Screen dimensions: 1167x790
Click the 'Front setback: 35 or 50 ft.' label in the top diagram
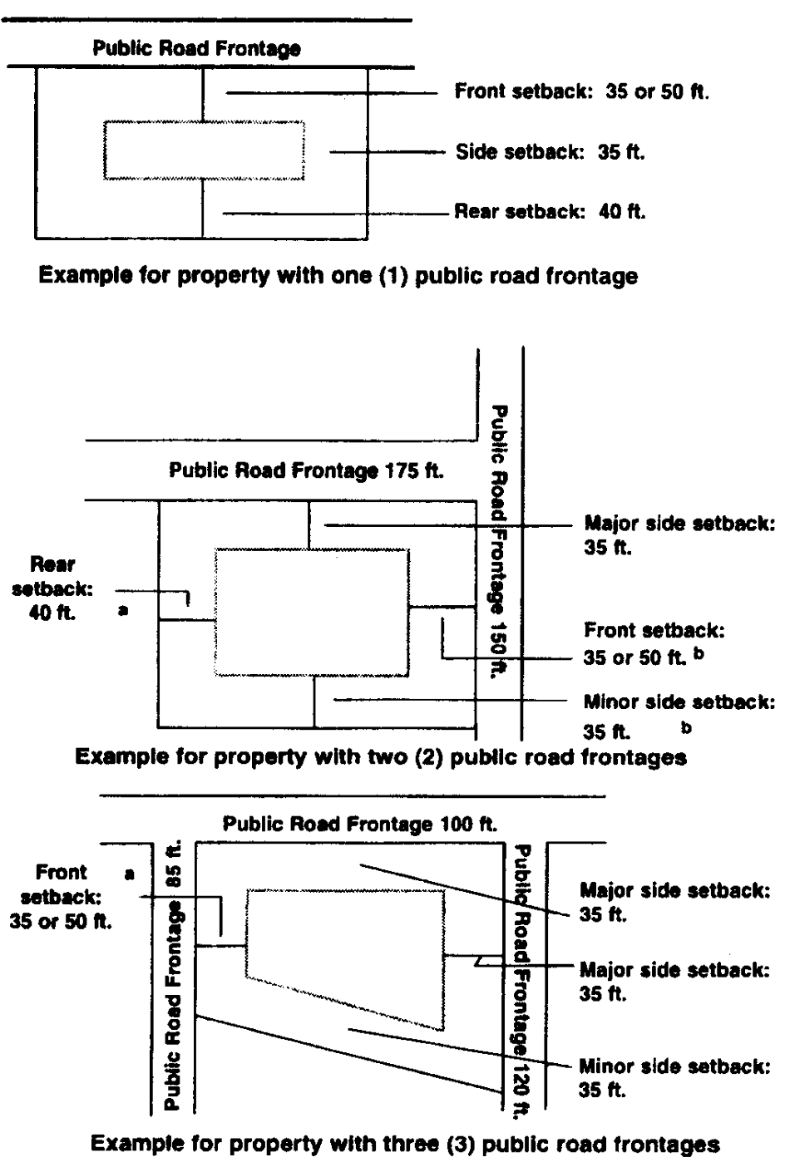pos(581,91)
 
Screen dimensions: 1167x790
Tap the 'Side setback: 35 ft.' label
pos(551,152)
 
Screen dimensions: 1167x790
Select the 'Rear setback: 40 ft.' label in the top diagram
pos(550,212)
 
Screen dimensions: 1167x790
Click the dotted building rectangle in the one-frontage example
pos(204,150)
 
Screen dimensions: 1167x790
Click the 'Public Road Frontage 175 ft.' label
pos(306,471)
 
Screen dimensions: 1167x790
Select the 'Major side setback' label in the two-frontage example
pos(679,536)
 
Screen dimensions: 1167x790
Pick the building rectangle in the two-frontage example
pos(312,612)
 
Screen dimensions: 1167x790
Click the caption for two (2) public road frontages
pos(381,757)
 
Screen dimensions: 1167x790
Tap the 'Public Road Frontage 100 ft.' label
pos(360,825)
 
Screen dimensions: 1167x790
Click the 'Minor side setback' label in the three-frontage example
pos(674,1077)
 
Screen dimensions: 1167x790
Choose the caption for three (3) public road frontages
pos(404,1144)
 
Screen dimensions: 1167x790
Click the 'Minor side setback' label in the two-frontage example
pos(679,716)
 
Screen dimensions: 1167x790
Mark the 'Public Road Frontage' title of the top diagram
pos(196,49)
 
